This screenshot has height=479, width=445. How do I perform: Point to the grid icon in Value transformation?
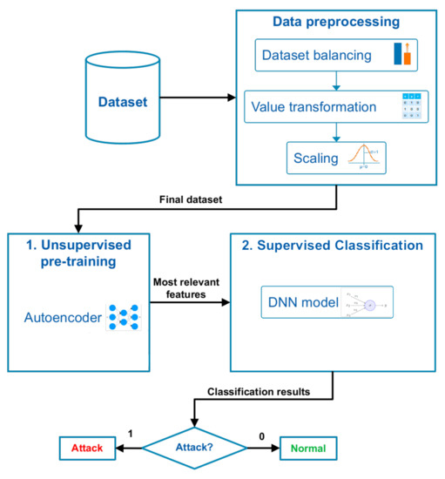(x=408, y=105)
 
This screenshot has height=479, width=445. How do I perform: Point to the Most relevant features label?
(x=186, y=288)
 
